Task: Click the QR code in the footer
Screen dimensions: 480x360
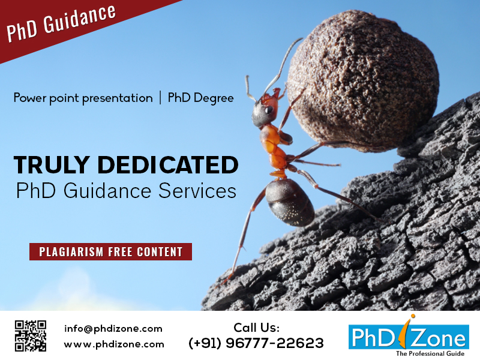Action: [31, 336]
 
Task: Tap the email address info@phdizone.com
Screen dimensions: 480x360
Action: [113, 329]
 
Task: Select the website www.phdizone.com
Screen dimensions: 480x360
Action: [114, 344]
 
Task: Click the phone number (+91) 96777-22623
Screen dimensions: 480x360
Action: [256, 343]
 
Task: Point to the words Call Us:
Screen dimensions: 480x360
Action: [257, 328]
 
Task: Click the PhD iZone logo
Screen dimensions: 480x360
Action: [409, 335]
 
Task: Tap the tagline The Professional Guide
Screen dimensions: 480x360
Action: [430, 353]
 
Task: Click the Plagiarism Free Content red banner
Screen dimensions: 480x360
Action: [110, 251]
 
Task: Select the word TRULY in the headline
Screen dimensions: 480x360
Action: [52, 164]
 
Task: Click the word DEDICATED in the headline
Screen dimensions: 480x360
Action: [168, 164]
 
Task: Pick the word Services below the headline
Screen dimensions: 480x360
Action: [197, 191]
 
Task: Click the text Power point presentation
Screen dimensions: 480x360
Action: [83, 98]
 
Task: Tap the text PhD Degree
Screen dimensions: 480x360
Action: [200, 98]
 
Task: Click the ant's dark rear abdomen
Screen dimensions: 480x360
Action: [290, 202]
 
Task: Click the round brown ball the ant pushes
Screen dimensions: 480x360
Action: [364, 80]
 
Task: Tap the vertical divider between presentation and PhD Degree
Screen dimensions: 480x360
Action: [160, 98]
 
